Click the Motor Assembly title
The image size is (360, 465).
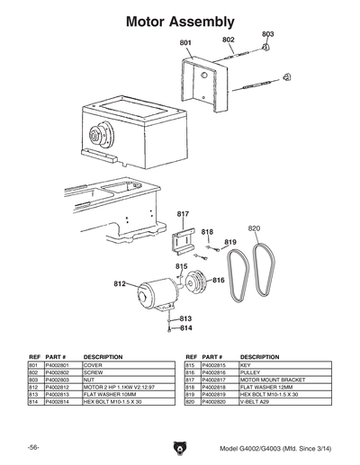click(180, 19)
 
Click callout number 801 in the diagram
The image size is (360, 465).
click(185, 43)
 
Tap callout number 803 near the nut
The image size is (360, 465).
click(267, 33)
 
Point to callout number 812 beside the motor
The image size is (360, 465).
click(119, 284)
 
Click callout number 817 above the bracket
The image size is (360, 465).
click(183, 213)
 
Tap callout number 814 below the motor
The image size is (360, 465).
click(185, 328)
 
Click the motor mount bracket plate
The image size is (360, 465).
click(184, 244)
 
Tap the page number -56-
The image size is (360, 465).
click(33, 448)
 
